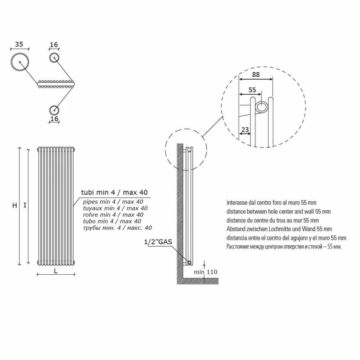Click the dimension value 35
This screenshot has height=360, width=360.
click(x=19, y=44)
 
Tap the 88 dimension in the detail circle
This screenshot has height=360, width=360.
click(x=256, y=75)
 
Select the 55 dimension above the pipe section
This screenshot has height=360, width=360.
click(x=252, y=90)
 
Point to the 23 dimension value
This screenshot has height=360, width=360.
click(x=245, y=130)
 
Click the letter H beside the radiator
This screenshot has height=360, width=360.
click(x=14, y=205)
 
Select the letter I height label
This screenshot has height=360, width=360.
click(x=25, y=205)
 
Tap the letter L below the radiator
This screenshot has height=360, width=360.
click(x=56, y=271)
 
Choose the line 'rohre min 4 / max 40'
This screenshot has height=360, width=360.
click(x=112, y=214)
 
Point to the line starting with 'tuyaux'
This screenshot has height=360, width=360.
click(x=115, y=208)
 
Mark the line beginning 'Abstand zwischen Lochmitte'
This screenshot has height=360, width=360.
click(x=279, y=229)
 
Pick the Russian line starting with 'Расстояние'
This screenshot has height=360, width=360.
click(x=284, y=247)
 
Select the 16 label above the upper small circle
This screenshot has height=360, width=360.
click(x=54, y=45)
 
